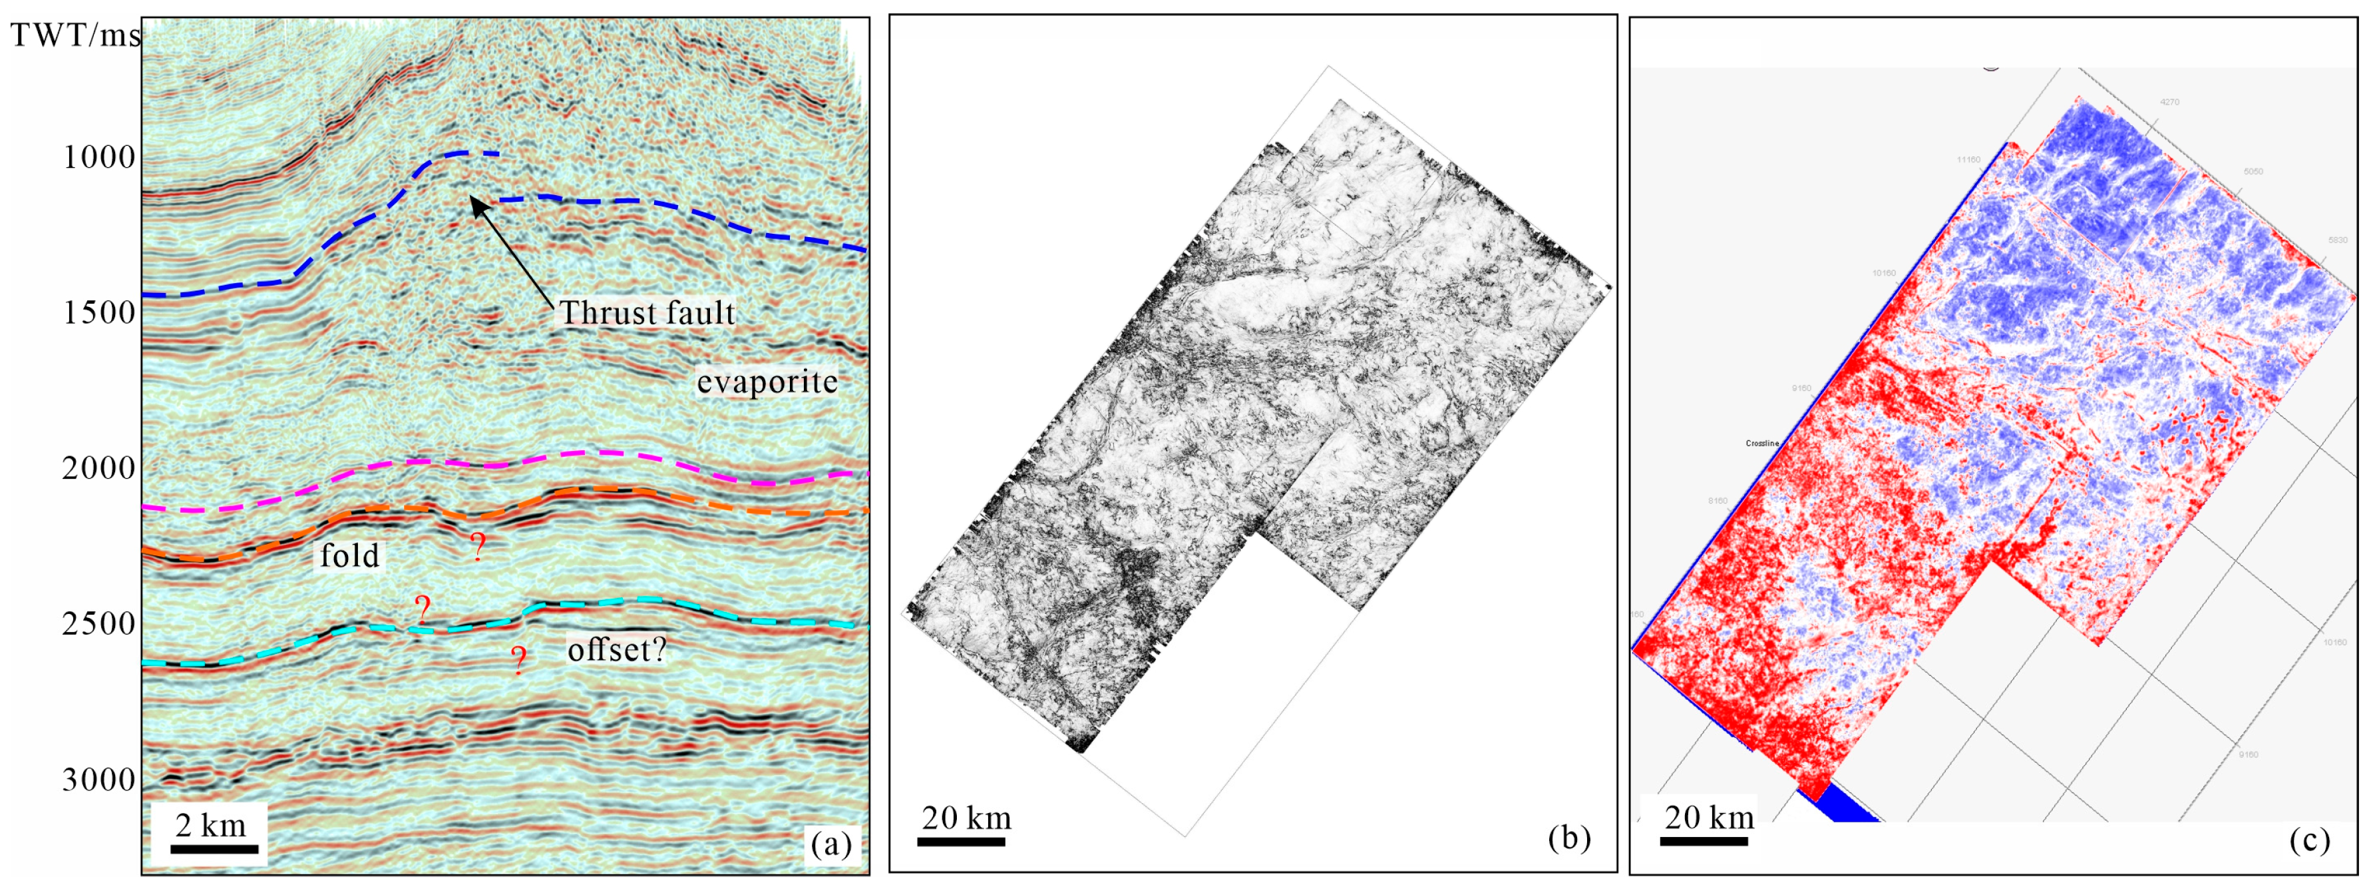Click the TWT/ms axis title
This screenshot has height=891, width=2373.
pyautogui.click(x=76, y=35)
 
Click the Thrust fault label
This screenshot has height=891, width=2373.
pyautogui.click(x=647, y=313)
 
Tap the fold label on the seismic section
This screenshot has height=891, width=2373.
pyautogui.click(x=350, y=555)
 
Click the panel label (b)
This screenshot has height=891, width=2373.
pyautogui.click(x=1568, y=836)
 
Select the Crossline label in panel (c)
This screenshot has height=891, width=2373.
pyautogui.click(x=1761, y=444)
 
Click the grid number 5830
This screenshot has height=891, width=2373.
pyautogui.click(x=2338, y=240)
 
